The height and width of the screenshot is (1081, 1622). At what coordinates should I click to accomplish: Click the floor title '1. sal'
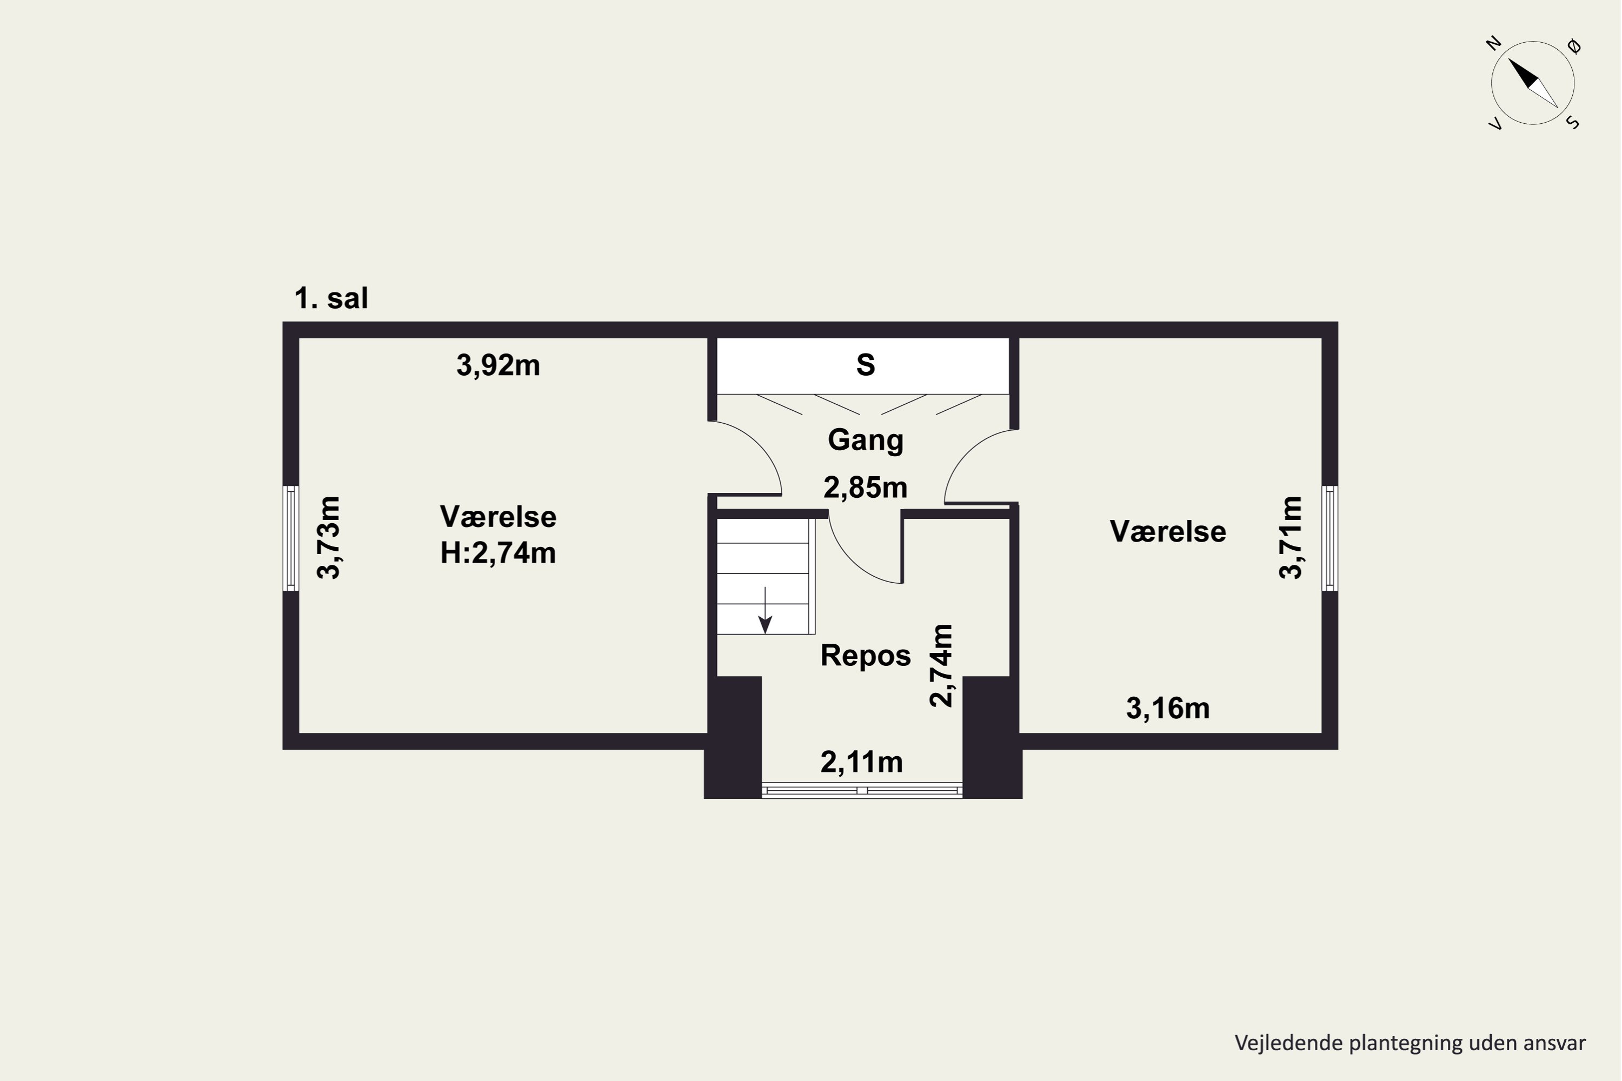331,298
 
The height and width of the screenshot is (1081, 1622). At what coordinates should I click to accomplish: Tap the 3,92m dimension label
498,365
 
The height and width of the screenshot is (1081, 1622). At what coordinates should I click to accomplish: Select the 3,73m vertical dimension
329,538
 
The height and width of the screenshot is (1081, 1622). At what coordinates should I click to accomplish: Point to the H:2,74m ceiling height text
498,553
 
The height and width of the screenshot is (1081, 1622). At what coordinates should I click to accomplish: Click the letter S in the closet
866,365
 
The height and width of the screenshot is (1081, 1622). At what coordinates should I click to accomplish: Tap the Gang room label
866,441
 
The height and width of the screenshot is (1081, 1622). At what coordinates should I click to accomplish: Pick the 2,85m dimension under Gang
866,488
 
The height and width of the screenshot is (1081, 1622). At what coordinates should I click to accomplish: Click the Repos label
866,656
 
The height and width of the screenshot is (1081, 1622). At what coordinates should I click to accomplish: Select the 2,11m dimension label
862,762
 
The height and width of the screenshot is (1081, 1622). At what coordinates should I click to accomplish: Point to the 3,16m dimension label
1168,709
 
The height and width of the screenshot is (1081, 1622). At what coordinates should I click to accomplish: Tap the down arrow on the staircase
765,610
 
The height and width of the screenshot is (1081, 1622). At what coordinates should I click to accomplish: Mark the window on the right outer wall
1329,538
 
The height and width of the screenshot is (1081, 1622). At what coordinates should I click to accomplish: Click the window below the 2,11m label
862,791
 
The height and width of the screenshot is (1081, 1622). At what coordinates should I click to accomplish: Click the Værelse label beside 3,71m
1168,531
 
